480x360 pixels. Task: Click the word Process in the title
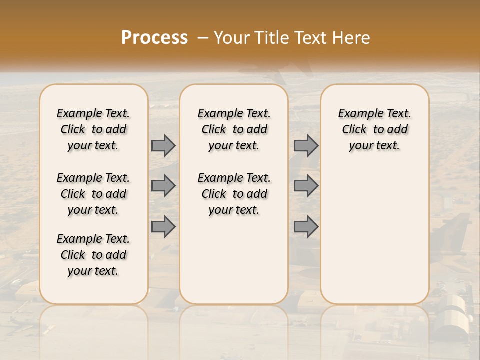154,38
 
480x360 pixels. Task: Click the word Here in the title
351,38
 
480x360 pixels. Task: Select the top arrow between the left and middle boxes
163,145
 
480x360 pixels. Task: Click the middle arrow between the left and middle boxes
163,186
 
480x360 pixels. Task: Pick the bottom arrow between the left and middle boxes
163,226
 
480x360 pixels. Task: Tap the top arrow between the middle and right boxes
306,145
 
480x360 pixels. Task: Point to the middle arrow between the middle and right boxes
306,186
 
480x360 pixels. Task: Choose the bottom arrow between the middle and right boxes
306,226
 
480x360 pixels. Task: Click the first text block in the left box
93,129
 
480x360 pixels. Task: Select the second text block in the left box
93,194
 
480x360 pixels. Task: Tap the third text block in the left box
93,255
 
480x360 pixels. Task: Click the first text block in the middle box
234,129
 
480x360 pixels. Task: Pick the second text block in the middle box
234,194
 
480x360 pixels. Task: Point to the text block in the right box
374,129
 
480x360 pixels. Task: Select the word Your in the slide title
232,38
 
